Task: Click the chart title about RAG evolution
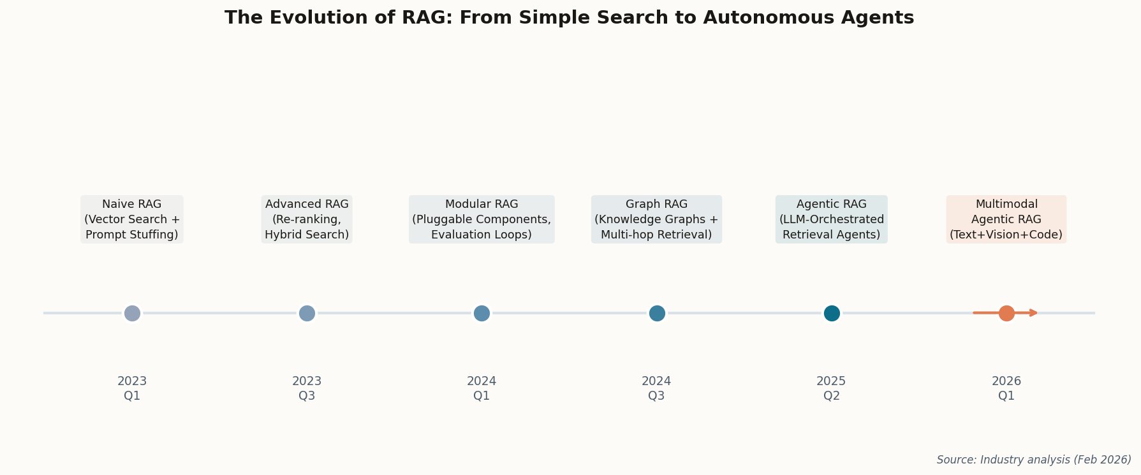pos(569,18)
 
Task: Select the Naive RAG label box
pos(132,219)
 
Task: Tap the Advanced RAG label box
pos(307,219)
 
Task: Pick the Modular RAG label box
pos(482,219)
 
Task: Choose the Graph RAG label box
pos(656,219)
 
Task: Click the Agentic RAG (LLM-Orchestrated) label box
pos(831,219)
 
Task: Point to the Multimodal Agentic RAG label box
pos(1006,219)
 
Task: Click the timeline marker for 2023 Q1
pos(132,313)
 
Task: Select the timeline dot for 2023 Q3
pos(307,313)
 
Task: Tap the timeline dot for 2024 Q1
pos(482,313)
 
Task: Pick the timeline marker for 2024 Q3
pos(657,313)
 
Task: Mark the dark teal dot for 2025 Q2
pos(832,313)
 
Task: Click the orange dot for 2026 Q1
pos(1006,313)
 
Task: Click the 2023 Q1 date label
pos(132,388)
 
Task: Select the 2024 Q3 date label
pos(656,388)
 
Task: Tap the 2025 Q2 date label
pos(831,388)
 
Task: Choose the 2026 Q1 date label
pos(1006,388)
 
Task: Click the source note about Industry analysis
pos(1033,460)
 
